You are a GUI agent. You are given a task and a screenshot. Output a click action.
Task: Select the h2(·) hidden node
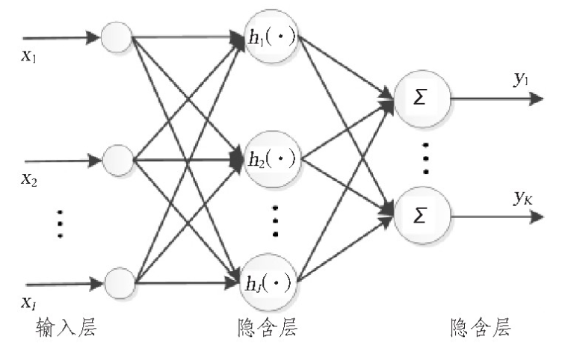pos(271,158)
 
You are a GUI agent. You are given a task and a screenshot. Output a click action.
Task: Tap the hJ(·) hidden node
pos(271,282)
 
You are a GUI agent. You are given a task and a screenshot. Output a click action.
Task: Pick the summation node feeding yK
pos(421,216)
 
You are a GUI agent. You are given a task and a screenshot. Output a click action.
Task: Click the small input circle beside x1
pos(117,36)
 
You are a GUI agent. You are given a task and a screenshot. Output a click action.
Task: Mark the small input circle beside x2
pos(117,158)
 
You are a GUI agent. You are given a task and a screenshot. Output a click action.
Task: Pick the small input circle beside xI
pos(117,282)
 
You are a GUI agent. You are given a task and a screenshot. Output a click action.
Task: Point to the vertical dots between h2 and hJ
pos(275,221)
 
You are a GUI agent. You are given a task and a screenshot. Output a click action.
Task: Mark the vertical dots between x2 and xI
pos(60,224)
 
